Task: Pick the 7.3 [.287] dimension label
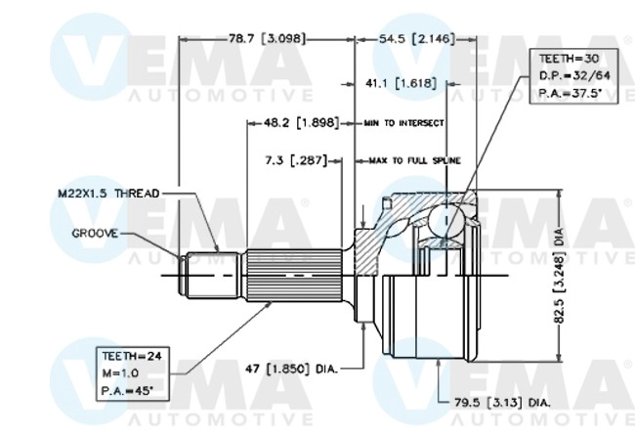pos(296,158)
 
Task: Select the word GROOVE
pos(95,235)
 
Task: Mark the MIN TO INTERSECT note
pos(403,123)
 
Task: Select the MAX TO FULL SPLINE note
pos(414,159)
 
